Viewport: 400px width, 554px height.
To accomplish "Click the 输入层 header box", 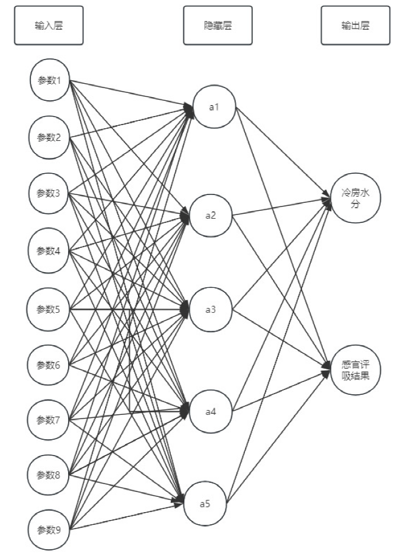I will click(49, 26).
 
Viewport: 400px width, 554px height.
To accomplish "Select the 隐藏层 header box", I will click(218, 26).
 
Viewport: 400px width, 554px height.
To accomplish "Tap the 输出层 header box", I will click(356, 26).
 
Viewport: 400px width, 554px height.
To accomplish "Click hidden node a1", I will click(213, 107).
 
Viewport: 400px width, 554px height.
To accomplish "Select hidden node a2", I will click(210, 215).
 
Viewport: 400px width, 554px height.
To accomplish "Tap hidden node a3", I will click(210, 310).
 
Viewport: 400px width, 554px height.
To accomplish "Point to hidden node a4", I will click(210, 412).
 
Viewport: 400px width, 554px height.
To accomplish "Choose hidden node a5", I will click(207, 503).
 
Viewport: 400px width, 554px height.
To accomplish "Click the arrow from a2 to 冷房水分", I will click(280, 207).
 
